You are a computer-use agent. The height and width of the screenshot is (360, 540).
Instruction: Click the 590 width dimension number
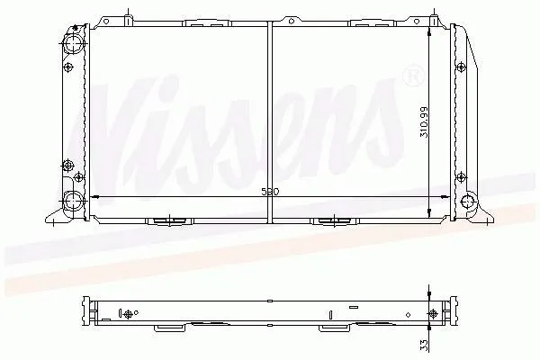pos(270,192)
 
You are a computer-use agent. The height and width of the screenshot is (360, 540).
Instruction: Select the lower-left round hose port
pos(74,200)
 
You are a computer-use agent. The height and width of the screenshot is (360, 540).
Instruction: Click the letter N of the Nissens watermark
pos(126,117)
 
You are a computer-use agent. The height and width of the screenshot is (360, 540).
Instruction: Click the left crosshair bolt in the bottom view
pos(126,314)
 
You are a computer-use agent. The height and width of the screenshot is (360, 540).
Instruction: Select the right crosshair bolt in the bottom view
pos(439,312)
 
